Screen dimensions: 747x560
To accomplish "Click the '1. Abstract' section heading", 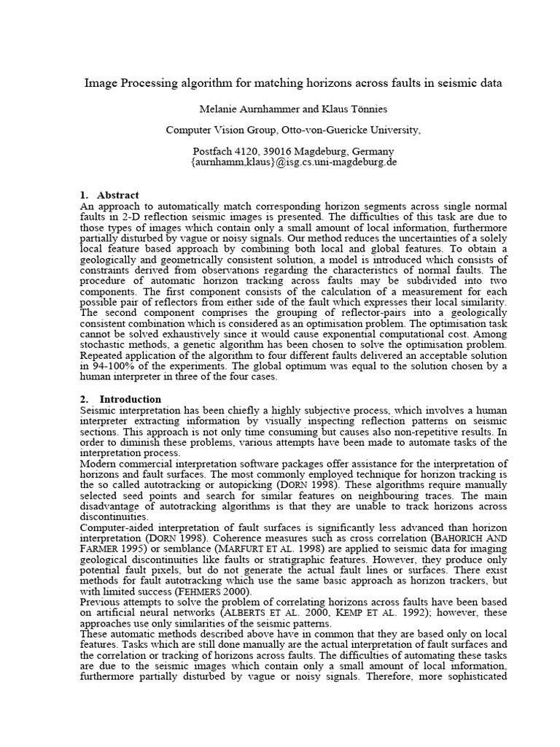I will click(x=109, y=195).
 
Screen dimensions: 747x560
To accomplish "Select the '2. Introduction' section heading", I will click(x=120, y=399).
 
